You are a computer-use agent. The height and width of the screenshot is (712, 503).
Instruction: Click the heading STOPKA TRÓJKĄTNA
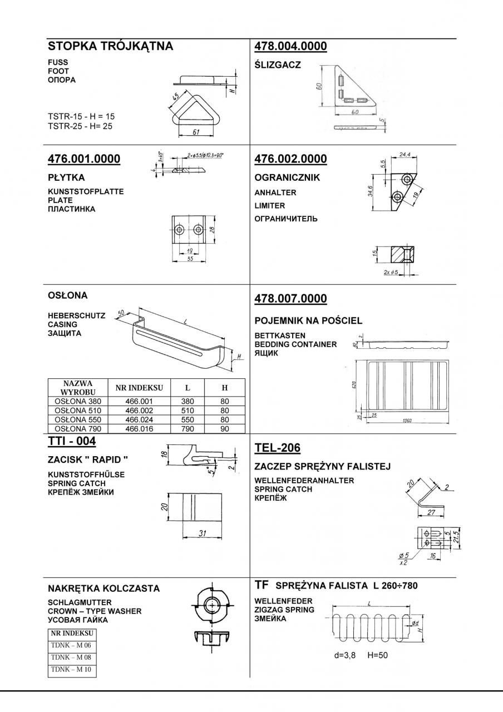(110, 47)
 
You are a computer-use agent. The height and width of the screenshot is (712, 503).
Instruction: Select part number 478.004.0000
(290, 47)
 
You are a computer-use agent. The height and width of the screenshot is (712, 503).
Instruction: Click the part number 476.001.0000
(84, 159)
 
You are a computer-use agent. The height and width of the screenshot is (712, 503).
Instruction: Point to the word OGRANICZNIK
(287, 179)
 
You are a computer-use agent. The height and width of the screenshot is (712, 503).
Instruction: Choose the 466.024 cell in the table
(139, 420)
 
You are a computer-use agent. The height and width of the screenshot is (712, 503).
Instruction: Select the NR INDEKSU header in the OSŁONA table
(139, 388)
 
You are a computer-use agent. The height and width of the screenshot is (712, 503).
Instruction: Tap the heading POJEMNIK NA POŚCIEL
(308, 320)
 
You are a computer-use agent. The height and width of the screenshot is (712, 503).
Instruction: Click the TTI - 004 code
(72, 442)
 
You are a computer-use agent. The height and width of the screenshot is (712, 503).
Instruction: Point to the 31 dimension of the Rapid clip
(203, 533)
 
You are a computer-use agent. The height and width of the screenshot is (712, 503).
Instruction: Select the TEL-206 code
(277, 448)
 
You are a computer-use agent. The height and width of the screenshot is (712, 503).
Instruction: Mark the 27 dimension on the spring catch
(431, 513)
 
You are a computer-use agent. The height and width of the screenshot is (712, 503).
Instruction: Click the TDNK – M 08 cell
(72, 657)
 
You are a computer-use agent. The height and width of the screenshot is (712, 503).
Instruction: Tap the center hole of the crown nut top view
(213, 604)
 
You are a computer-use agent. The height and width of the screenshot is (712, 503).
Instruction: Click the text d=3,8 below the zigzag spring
(345, 655)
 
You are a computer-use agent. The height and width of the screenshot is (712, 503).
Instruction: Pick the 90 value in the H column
(225, 429)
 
